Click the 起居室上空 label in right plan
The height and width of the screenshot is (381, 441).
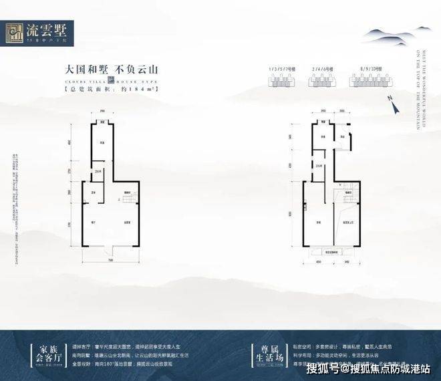(x=348, y=222)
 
